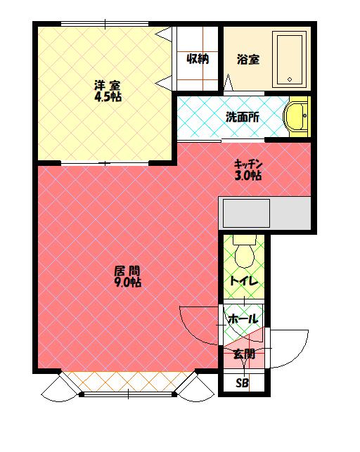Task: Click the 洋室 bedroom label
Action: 108,86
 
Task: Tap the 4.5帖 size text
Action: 108,97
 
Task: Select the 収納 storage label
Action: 198,59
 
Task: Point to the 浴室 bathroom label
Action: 248,59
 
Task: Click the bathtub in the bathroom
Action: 290,59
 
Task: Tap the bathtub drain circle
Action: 290,79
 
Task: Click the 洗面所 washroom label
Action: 243,117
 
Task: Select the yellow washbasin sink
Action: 296,116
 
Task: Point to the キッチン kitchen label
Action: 248,164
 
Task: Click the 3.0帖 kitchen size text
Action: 248,175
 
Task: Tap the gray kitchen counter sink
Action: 246,213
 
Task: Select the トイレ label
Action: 244,280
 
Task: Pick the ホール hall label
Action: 243,319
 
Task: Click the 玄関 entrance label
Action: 244,354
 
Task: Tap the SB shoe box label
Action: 242,383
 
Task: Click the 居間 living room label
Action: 127,271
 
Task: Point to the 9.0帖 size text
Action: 128,282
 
